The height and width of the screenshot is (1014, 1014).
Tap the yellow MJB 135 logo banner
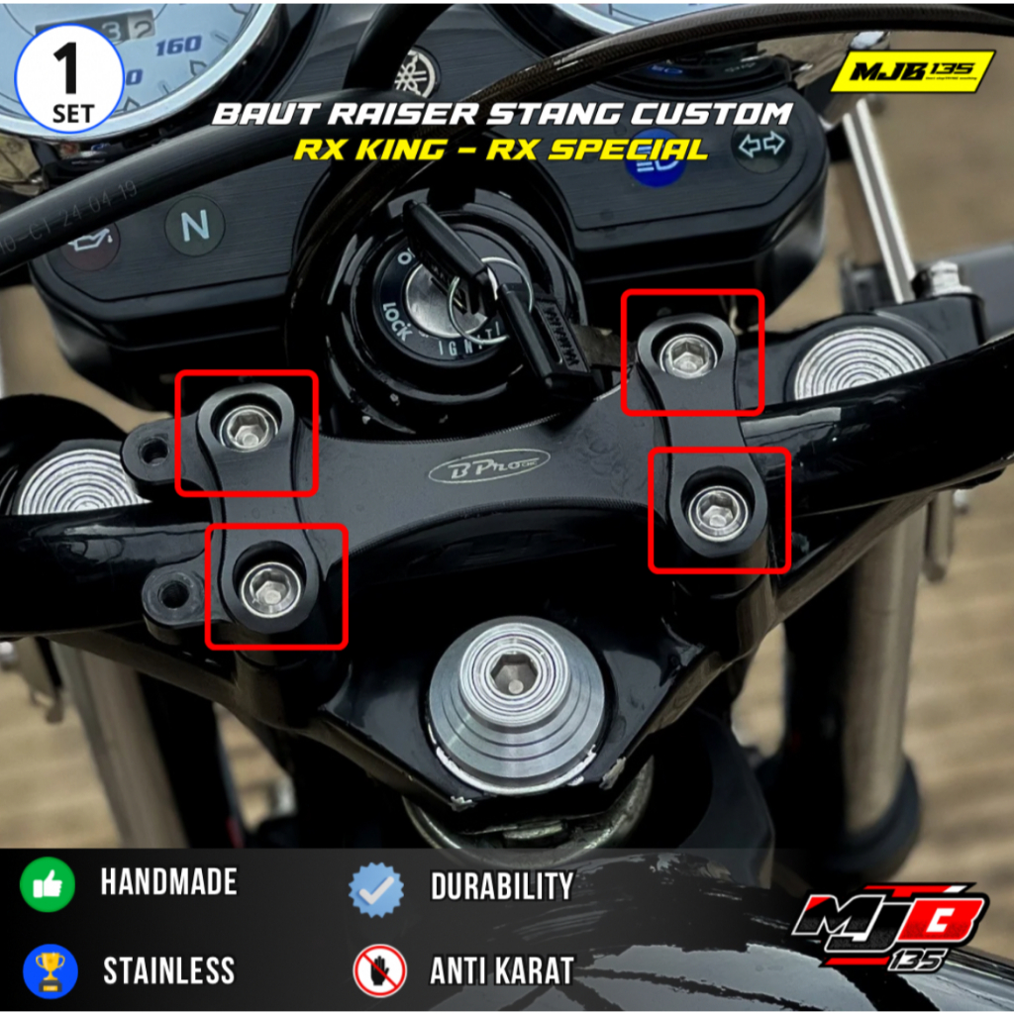point(911,71)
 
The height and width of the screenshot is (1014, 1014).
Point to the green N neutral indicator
point(195,226)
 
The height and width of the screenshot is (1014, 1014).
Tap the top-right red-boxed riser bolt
point(689,355)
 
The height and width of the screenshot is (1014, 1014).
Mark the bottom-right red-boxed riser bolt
point(717,510)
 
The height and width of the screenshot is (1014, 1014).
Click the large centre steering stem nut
point(517,683)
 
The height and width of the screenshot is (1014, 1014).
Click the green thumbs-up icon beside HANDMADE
point(48,884)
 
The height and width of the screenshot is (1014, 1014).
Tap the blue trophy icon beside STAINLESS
point(48,970)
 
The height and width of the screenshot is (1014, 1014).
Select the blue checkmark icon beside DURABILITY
point(377,887)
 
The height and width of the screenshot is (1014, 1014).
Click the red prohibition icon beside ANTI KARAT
point(379,970)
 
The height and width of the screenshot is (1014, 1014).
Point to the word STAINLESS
point(168,971)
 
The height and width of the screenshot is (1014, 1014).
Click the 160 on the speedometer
point(178,46)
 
